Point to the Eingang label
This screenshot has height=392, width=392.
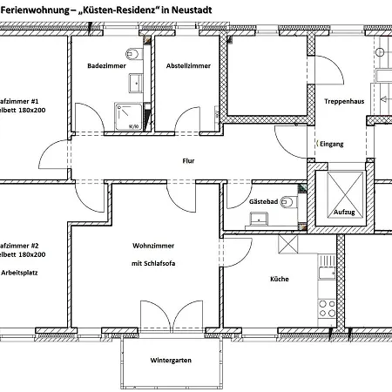pyautogui.click(x=332, y=144)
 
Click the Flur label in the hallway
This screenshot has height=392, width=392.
pyautogui.click(x=188, y=161)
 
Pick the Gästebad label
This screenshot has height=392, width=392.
pyautogui.click(x=263, y=201)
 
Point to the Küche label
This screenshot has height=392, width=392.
pyautogui.click(x=279, y=280)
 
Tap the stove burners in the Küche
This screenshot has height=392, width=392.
pyautogui.click(x=328, y=307)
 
